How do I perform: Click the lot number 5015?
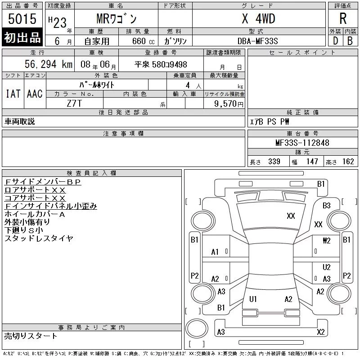click(x=22, y=19)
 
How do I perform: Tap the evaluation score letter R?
click(x=343, y=18)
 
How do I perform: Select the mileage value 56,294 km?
click(x=49, y=64)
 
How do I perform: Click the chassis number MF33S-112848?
click(x=302, y=143)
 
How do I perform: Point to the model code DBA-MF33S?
click(x=257, y=41)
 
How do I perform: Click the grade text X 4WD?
click(x=258, y=18)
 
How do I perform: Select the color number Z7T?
click(x=74, y=103)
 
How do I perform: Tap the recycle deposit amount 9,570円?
click(x=229, y=104)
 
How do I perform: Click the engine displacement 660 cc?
click(x=143, y=41)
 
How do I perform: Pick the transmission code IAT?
click(x=13, y=94)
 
